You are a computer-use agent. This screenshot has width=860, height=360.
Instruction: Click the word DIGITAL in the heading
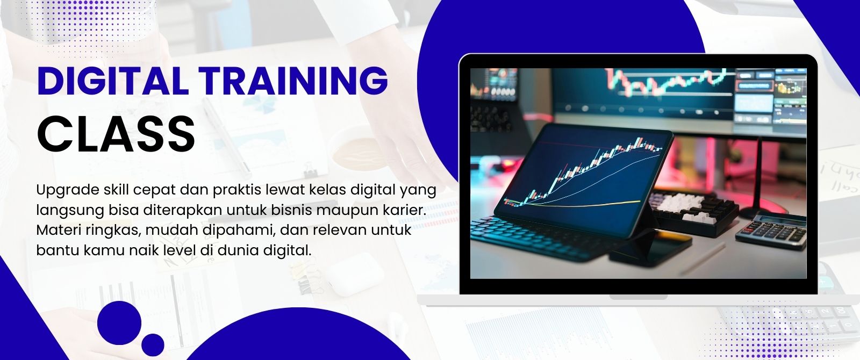click(113, 81)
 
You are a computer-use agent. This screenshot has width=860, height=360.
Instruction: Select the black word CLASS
click(116, 134)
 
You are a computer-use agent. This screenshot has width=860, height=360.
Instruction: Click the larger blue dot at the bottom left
click(119, 323)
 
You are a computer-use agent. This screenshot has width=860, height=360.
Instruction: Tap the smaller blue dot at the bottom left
click(153, 345)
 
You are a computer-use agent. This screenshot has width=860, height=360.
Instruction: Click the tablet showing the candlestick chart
click(584, 181)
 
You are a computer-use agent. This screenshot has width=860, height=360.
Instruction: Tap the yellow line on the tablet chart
click(576, 205)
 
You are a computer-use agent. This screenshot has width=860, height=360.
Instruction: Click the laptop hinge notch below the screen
click(638, 297)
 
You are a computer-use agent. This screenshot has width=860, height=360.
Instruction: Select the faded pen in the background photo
click(227, 138)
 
